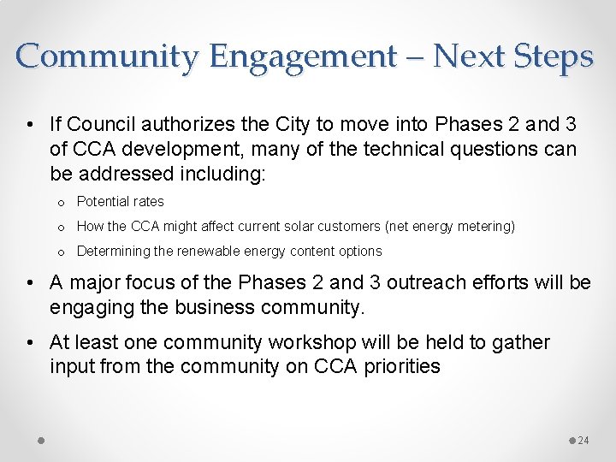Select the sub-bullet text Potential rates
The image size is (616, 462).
point(120,202)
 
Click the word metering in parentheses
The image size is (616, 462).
point(483,227)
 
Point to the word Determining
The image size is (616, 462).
point(111,252)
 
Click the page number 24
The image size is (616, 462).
point(583,441)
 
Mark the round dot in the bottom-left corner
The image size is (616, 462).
point(41,440)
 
